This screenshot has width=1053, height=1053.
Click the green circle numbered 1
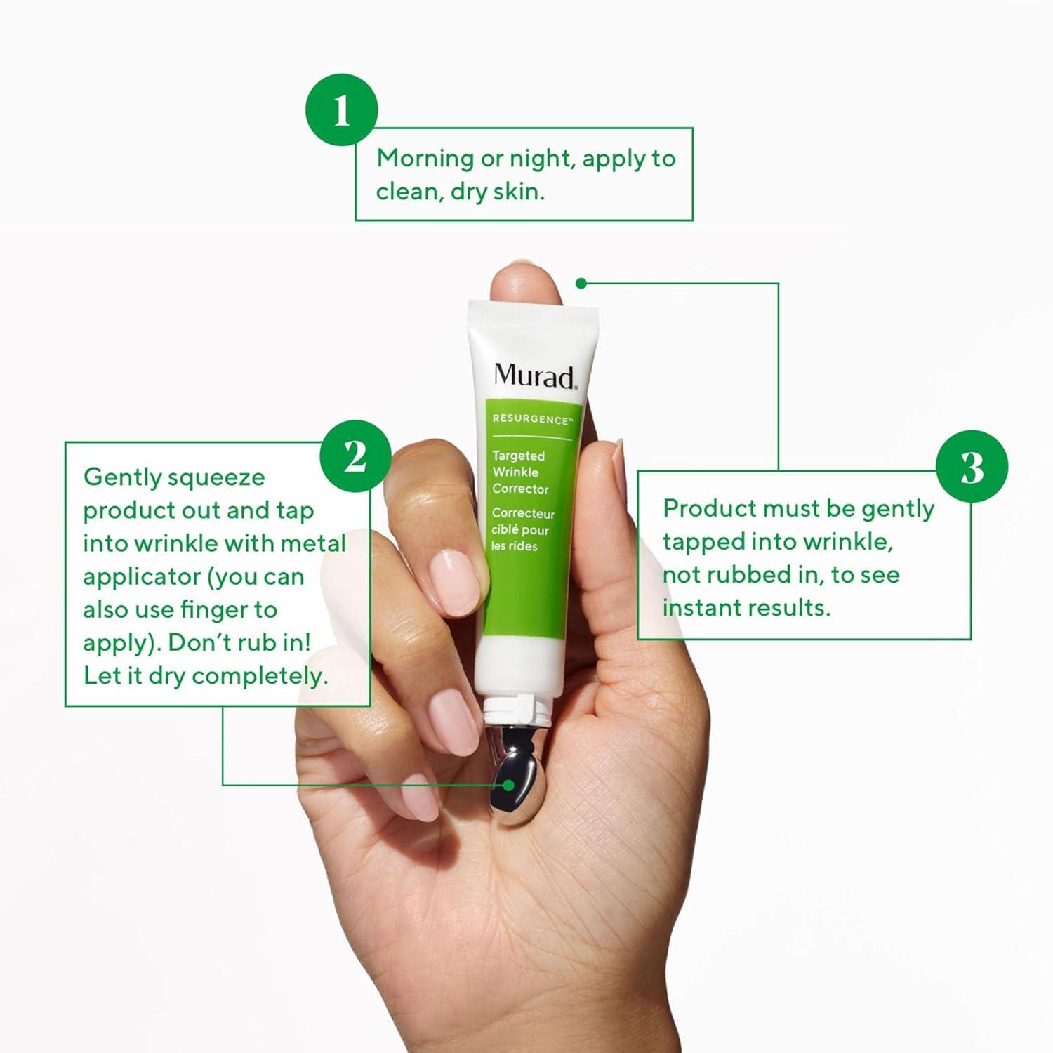tap(342, 110)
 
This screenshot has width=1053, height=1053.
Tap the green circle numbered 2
tap(355, 456)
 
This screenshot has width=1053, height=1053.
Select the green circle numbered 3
tap(972, 467)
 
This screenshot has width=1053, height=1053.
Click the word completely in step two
tap(260, 676)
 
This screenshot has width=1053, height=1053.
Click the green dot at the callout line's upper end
tap(581, 284)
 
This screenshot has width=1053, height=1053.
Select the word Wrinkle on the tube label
tap(515, 472)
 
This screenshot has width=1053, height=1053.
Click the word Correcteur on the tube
tap(523, 513)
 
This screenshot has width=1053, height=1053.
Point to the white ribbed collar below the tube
tap(520, 709)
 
